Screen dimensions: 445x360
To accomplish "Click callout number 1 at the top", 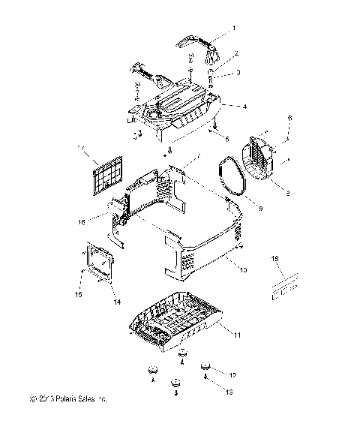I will point(233,27).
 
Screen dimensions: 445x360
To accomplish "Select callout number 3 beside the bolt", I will point(238,73).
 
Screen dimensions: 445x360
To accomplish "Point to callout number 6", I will point(290,119).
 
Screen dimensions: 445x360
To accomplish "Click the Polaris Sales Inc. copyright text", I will point(68,399).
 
